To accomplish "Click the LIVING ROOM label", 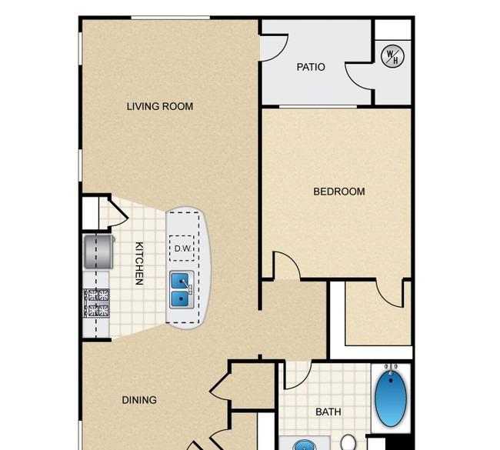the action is [160, 106].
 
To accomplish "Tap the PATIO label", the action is [311, 67].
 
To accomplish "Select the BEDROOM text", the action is [339, 192].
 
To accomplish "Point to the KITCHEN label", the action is [139, 263].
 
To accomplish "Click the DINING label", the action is [139, 400].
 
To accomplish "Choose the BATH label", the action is [328, 412].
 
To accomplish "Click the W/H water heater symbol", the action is [392, 56].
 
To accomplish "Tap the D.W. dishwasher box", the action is [182, 248].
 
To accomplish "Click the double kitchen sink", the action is [182, 289].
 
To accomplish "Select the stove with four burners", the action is [96, 302].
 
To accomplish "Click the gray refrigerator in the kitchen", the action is [99, 252].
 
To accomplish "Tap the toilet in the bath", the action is [348, 442].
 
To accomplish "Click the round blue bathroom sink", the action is [304, 445].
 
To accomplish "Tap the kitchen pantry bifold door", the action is [118, 212].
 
